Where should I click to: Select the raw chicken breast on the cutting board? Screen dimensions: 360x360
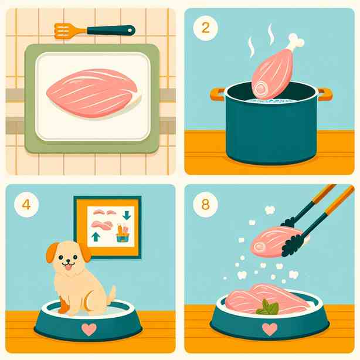click(x=94, y=93)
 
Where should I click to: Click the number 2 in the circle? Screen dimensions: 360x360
click(x=205, y=28)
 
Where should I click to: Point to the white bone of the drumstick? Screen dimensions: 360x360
click(x=296, y=43)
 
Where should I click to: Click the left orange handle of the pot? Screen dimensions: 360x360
click(x=218, y=94)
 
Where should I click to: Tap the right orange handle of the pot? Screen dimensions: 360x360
click(x=324, y=94)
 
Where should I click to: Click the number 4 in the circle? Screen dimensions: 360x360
click(x=26, y=205)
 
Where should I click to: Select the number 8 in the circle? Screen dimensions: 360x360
click(x=205, y=205)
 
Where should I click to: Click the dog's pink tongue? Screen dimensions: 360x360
click(x=69, y=267)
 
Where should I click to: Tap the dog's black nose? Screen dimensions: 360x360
click(x=68, y=261)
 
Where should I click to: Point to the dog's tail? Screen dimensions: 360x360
click(x=111, y=294)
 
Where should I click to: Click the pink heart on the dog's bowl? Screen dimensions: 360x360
click(x=89, y=330)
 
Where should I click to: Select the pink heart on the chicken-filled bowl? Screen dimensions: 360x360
click(x=270, y=330)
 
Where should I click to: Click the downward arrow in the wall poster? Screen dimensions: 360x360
click(x=127, y=215)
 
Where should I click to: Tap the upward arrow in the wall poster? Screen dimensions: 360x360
click(x=96, y=237)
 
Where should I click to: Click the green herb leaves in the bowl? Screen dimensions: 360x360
click(x=267, y=307)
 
